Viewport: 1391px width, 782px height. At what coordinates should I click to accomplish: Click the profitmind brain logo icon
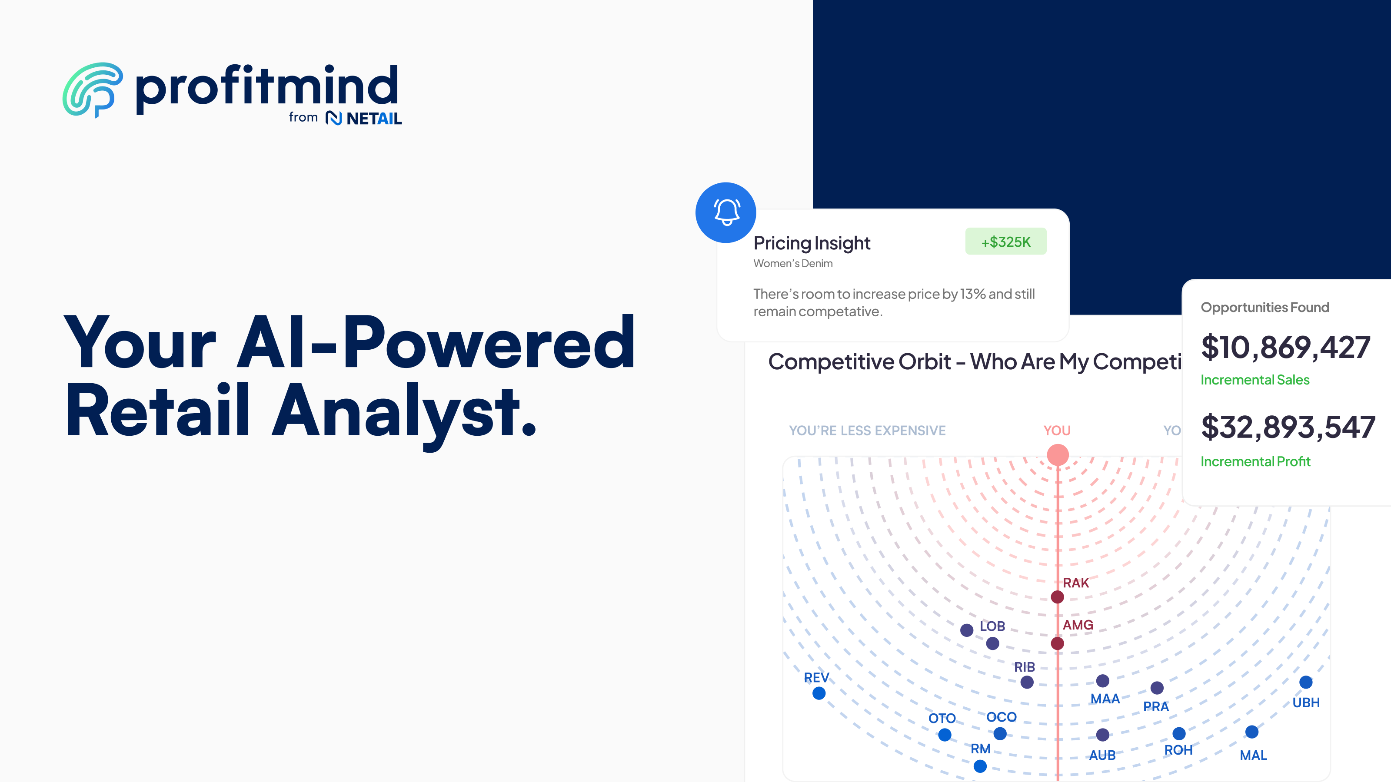(92, 89)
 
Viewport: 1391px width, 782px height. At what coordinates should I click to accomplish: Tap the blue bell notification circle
(726, 212)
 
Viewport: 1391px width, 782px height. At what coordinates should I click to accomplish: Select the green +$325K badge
(1005, 242)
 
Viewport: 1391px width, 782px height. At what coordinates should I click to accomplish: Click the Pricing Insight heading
(812, 243)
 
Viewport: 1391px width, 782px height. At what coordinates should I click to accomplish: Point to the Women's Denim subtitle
(793, 263)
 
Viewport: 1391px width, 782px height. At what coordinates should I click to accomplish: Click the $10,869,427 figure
(1285, 347)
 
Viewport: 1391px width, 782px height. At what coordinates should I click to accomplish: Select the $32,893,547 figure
(1287, 427)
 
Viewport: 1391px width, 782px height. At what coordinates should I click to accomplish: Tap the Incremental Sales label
(1255, 380)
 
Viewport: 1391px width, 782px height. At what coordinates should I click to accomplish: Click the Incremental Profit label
(1255, 461)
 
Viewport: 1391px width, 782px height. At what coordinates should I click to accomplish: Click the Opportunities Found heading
(1265, 307)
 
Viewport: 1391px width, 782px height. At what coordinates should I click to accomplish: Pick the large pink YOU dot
(1057, 454)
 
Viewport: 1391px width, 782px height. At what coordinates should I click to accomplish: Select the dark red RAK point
(1057, 597)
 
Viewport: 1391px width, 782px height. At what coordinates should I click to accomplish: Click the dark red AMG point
(1057, 643)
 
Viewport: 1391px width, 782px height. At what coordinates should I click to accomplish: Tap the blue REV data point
(819, 693)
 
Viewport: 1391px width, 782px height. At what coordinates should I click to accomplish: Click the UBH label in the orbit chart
(1306, 702)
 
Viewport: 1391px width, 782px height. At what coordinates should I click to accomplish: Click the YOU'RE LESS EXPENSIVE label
(867, 431)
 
